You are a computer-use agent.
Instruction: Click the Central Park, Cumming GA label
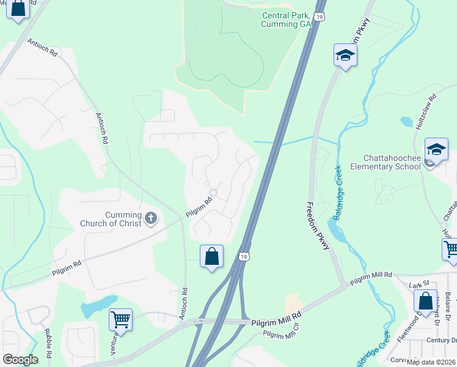click(x=286, y=20)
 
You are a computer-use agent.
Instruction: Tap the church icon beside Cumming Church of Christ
click(x=151, y=218)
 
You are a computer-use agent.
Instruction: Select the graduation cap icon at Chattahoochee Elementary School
click(x=436, y=149)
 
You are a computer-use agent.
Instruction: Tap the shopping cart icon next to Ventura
click(x=121, y=319)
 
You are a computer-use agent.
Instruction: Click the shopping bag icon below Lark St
click(x=425, y=300)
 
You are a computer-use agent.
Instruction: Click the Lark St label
click(x=416, y=286)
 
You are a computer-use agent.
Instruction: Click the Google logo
click(x=20, y=360)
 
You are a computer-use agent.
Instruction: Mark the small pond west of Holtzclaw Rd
click(x=407, y=121)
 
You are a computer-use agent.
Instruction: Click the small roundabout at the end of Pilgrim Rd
click(x=213, y=193)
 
